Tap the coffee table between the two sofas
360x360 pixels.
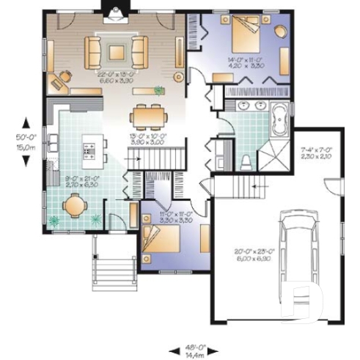(116, 51)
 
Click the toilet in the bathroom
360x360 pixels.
(246, 159)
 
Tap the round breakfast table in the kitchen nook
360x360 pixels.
(75, 207)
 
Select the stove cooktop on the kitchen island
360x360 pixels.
(91, 151)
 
